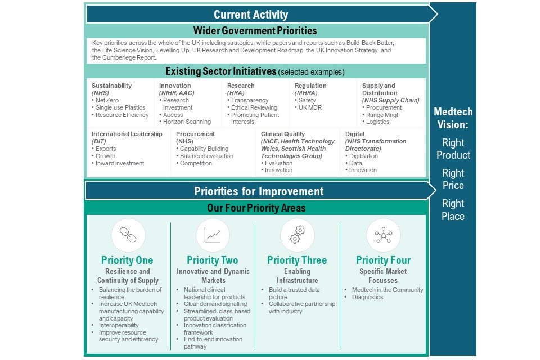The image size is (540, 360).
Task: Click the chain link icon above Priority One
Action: click(x=128, y=235)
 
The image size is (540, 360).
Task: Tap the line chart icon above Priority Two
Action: click(x=213, y=235)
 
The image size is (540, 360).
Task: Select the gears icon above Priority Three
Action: click(x=298, y=235)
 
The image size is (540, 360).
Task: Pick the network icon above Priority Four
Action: click(x=383, y=235)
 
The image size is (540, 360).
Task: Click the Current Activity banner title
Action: click(x=251, y=15)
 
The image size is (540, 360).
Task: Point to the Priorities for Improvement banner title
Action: click(x=259, y=191)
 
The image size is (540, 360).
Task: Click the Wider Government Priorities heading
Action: click(x=255, y=31)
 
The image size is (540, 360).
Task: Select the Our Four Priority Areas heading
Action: click(x=256, y=208)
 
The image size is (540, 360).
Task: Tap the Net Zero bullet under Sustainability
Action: click(x=107, y=100)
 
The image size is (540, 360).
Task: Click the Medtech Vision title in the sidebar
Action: click(x=453, y=118)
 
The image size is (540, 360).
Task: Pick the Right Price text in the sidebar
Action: click(x=453, y=179)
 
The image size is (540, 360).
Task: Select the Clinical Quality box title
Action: click(x=283, y=134)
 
